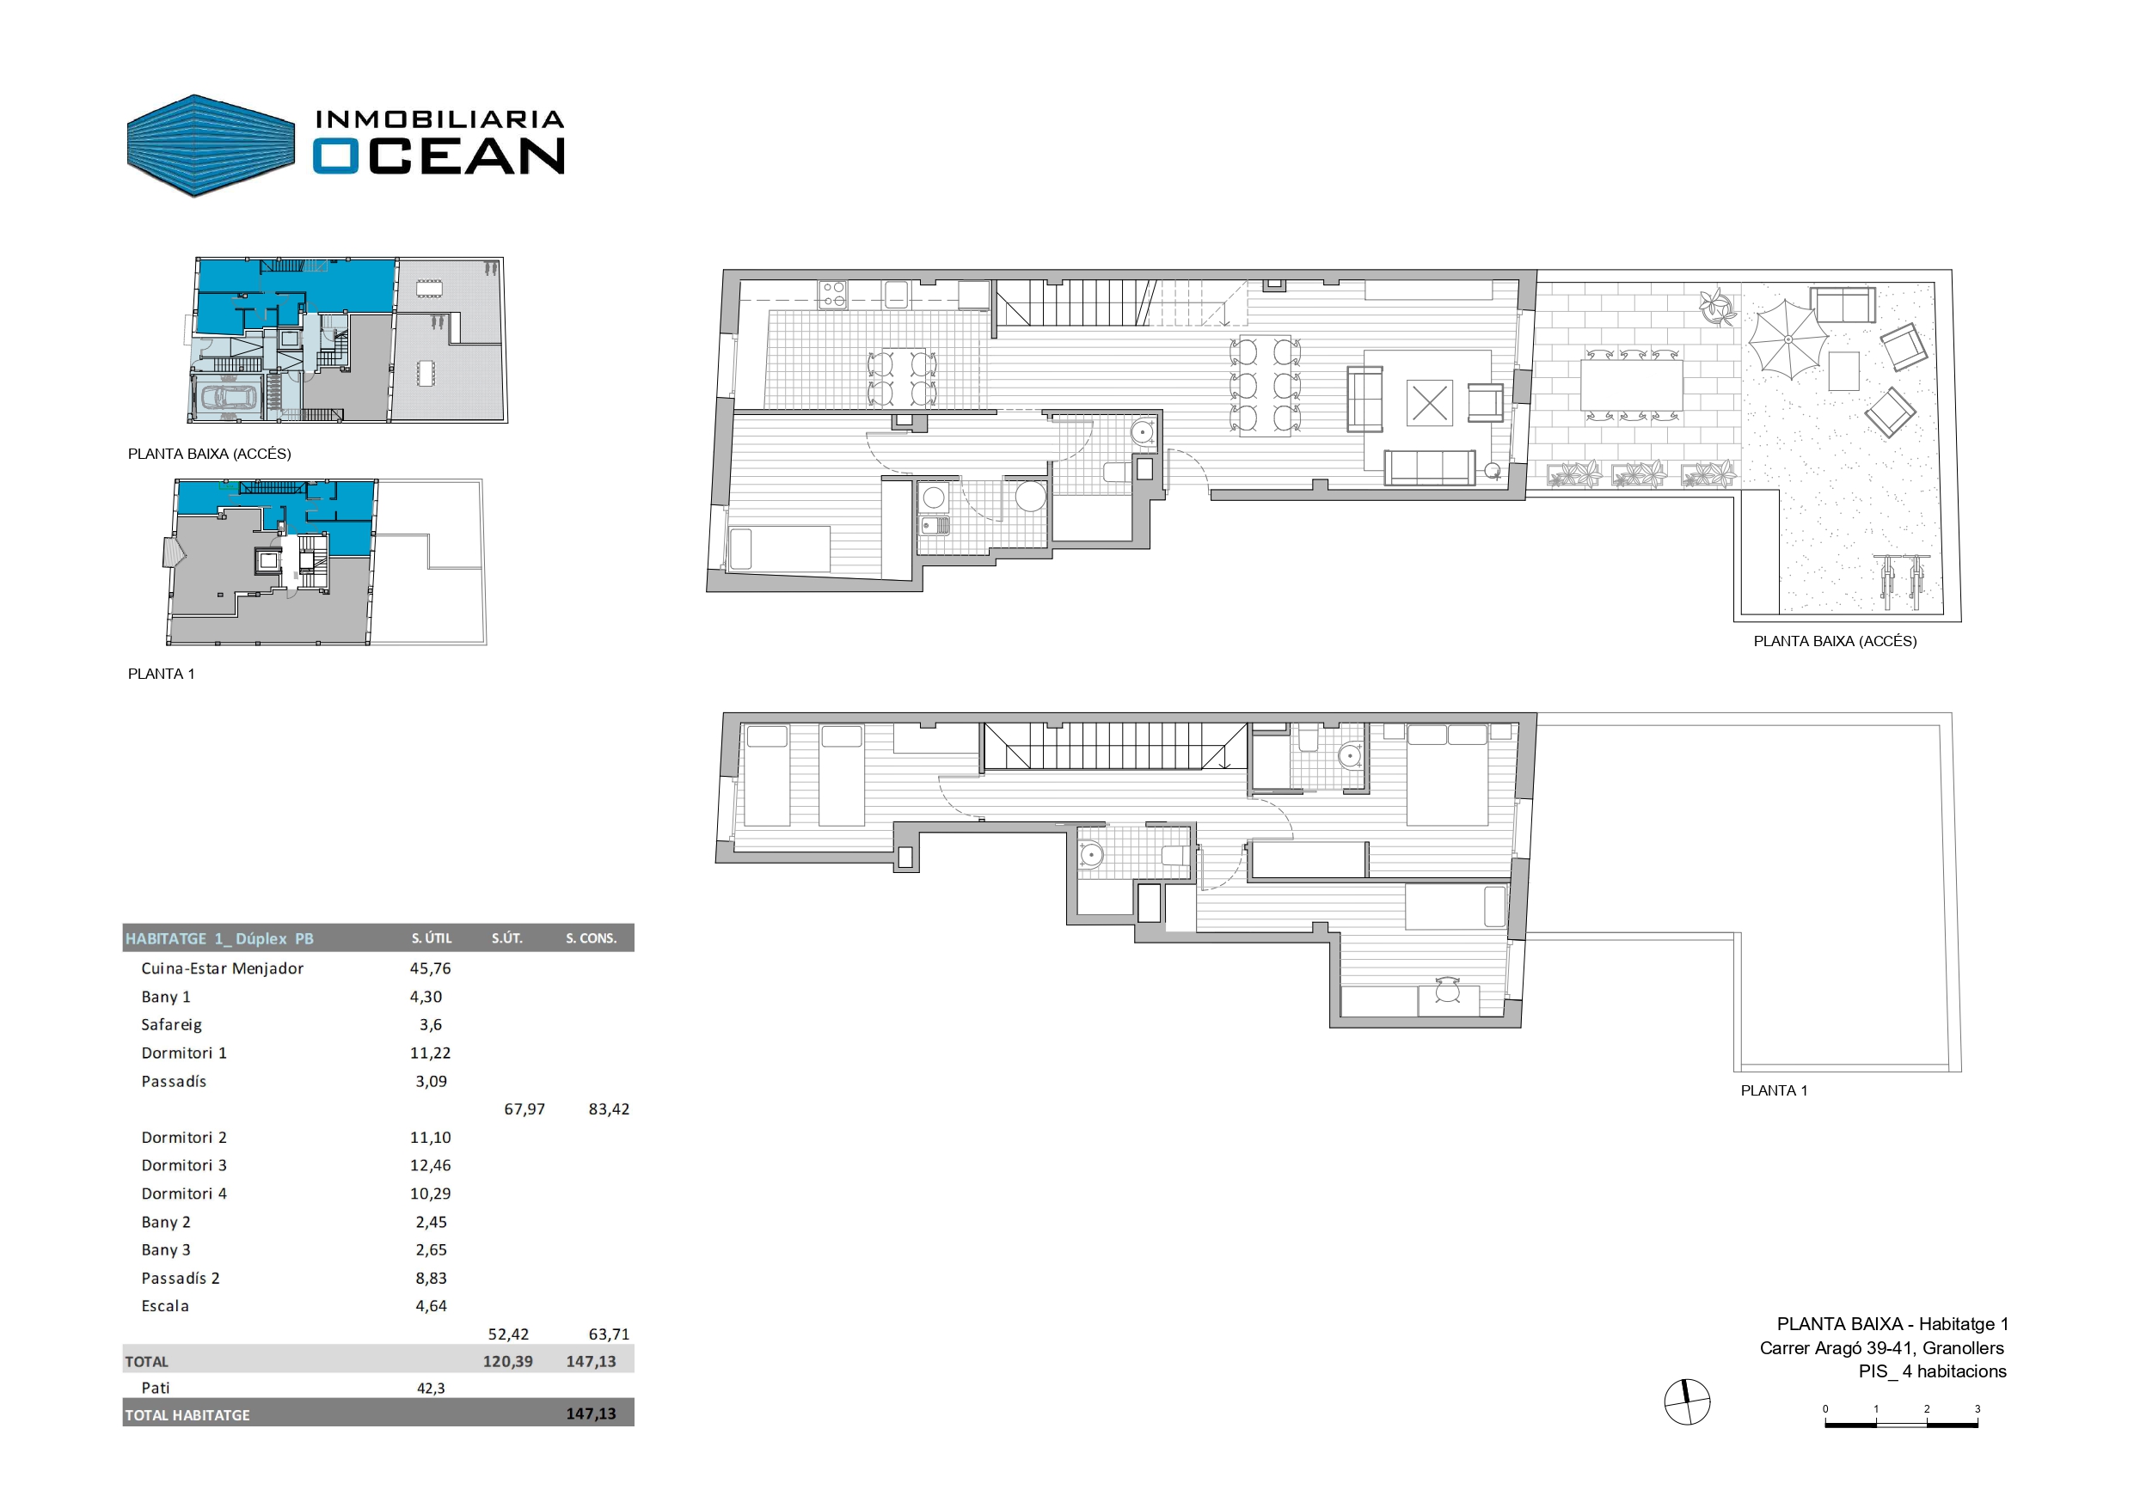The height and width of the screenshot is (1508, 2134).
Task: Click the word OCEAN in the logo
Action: click(x=438, y=156)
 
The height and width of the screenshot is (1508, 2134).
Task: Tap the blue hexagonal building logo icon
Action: click(x=211, y=146)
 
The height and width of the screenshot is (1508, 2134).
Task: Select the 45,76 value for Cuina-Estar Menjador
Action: click(x=431, y=968)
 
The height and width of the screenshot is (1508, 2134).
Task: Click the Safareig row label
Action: click(x=171, y=1025)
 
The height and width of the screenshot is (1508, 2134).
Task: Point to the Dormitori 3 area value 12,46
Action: click(x=431, y=1165)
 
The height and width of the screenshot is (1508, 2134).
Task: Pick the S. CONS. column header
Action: click(x=592, y=938)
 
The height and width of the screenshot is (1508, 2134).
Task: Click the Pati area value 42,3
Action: click(x=431, y=1389)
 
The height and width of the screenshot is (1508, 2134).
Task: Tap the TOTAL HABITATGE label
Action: click(x=187, y=1415)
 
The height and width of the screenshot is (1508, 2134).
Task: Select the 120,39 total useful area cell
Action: click(x=507, y=1361)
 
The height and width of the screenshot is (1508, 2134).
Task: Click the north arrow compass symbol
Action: click(x=1687, y=1402)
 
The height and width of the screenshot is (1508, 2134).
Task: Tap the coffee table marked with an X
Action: click(x=1429, y=403)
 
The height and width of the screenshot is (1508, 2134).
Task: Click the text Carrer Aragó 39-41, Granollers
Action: click(x=1882, y=1348)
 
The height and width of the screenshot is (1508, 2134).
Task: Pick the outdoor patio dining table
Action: click(x=1631, y=385)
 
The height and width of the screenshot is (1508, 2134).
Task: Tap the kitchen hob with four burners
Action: click(x=832, y=295)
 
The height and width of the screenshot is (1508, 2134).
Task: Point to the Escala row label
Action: click(x=165, y=1306)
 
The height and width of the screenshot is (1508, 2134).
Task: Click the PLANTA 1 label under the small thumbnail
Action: click(x=162, y=674)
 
